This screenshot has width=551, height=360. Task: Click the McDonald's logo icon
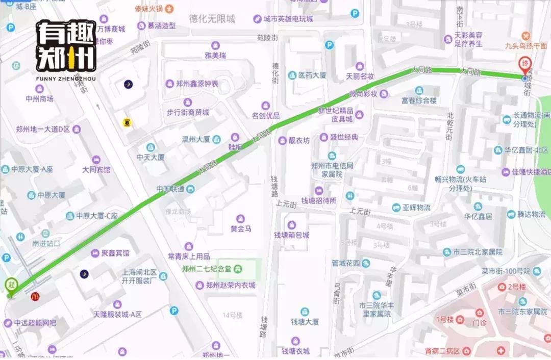coord(35,296)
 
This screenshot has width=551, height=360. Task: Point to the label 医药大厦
coord(312,75)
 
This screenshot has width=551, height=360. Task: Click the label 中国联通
coord(170,189)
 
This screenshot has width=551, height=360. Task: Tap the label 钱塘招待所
coord(319,201)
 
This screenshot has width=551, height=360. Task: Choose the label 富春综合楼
coord(419,101)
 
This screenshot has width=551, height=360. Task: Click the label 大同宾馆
coord(96,170)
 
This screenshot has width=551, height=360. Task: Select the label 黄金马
coord(241,229)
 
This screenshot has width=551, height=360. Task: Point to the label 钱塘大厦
coord(305,322)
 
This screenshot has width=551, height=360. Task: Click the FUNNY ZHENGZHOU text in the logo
coord(65,79)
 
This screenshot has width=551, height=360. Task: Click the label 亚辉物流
coord(416,208)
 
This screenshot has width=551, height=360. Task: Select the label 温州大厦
coord(196,139)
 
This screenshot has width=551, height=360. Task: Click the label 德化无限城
coord(212,19)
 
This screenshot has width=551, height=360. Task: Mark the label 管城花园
coord(346,264)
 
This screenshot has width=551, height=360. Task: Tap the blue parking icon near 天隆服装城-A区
coord(174,310)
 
